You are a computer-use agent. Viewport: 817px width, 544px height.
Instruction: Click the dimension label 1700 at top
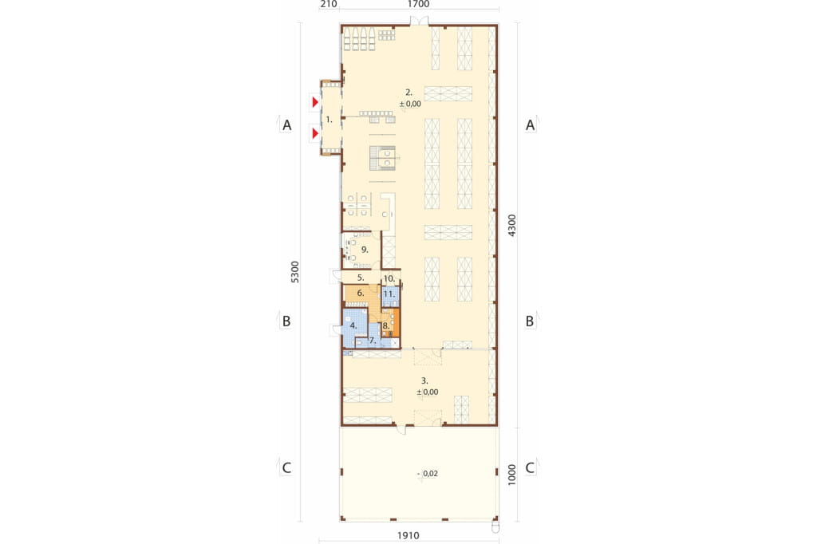click(x=418, y=4)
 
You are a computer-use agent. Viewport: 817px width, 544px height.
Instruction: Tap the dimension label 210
click(x=329, y=4)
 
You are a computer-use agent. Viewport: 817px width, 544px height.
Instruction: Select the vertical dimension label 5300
click(x=295, y=272)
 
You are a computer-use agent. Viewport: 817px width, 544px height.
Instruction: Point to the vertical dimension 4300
click(x=512, y=226)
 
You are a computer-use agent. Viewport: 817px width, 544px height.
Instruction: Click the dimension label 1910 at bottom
click(x=408, y=535)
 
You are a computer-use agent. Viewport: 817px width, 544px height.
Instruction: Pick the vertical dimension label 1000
click(x=512, y=475)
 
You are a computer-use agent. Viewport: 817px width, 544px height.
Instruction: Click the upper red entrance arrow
click(x=314, y=102)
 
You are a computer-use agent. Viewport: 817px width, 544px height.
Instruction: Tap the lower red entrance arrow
click(x=314, y=134)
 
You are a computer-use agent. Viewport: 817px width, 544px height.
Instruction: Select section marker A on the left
click(x=286, y=125)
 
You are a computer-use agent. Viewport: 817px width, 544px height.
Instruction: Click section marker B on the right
click(x=530, y=321)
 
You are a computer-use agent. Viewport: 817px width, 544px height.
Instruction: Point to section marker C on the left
click(x=286, y=468)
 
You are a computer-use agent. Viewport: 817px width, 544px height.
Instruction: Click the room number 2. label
click(x=409, y=93)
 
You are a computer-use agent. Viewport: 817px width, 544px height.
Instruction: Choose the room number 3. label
click(x=424, y=381)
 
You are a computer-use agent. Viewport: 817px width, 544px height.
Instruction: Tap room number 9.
click(x=365, y=250)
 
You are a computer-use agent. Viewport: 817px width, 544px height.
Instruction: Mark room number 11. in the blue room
click(x=389, y=294)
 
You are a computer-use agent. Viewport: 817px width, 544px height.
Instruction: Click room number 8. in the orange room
click(x=386, y=325)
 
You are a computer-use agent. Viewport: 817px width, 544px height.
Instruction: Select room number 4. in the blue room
click(x=353, y=325)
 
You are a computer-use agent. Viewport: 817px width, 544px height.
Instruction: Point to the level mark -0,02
click(x=428, y=474)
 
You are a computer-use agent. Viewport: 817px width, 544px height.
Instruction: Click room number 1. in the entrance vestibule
click(x=329, y=120)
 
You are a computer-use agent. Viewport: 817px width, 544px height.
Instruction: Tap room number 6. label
click(x=361, y=294)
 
